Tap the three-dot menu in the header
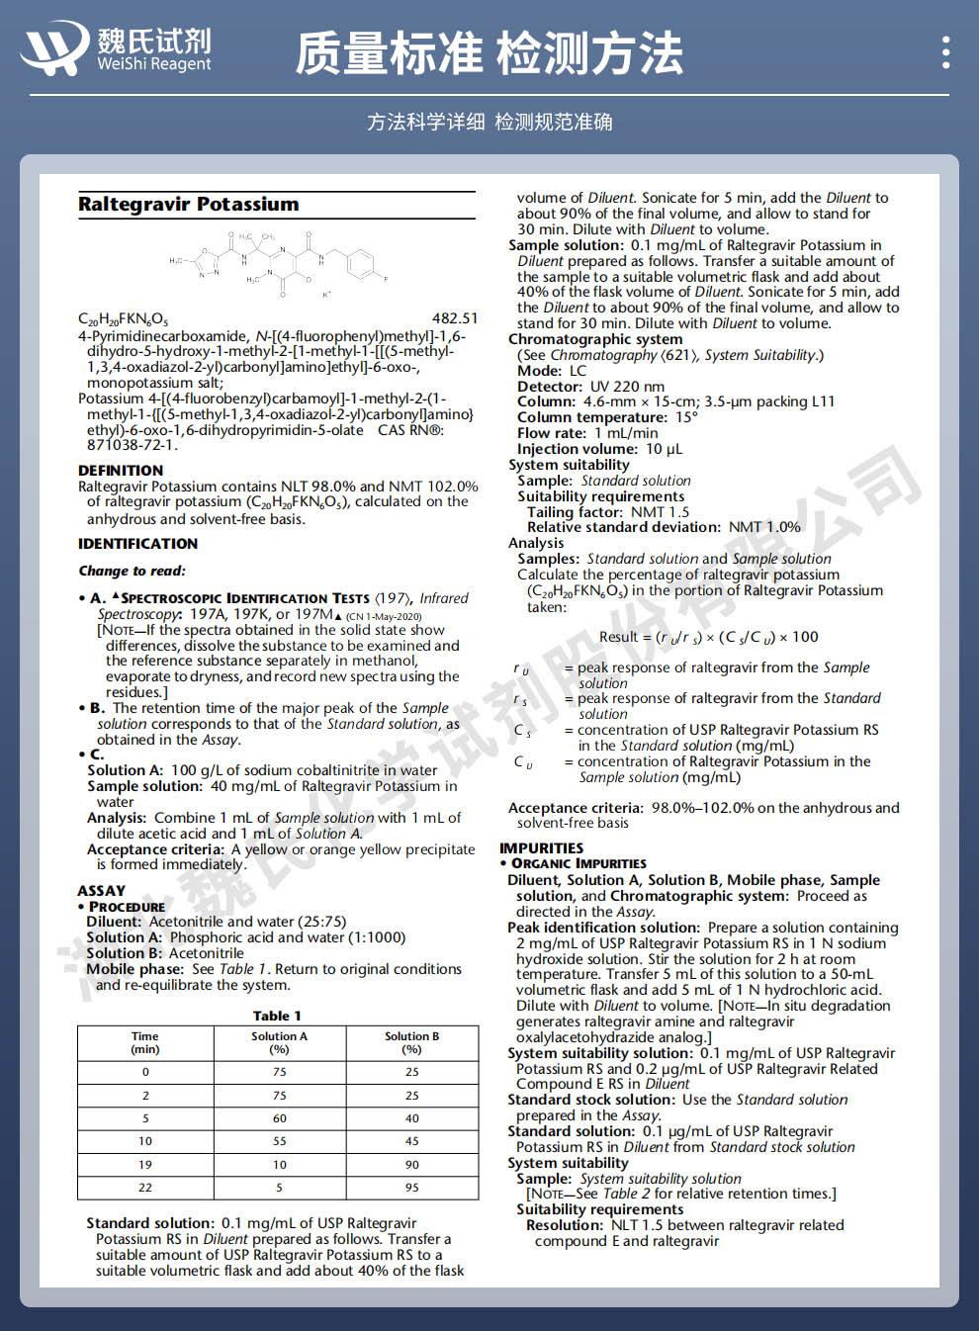(946, 51)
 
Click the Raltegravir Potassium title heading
(188, 205)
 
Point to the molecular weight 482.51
(455, 318)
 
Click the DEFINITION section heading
(121, 471)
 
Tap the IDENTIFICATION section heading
(137, 544)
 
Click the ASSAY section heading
(102, 891)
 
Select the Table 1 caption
(277, 1016)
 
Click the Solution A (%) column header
(279, 1042)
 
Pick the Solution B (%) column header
(411, 1042)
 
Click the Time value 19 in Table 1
(145, 1165)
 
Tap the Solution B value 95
(411, 1188)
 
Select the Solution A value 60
(279, 1118)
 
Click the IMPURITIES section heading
(541, 848)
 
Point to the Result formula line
(708, 637)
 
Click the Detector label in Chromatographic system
(549, 387)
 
